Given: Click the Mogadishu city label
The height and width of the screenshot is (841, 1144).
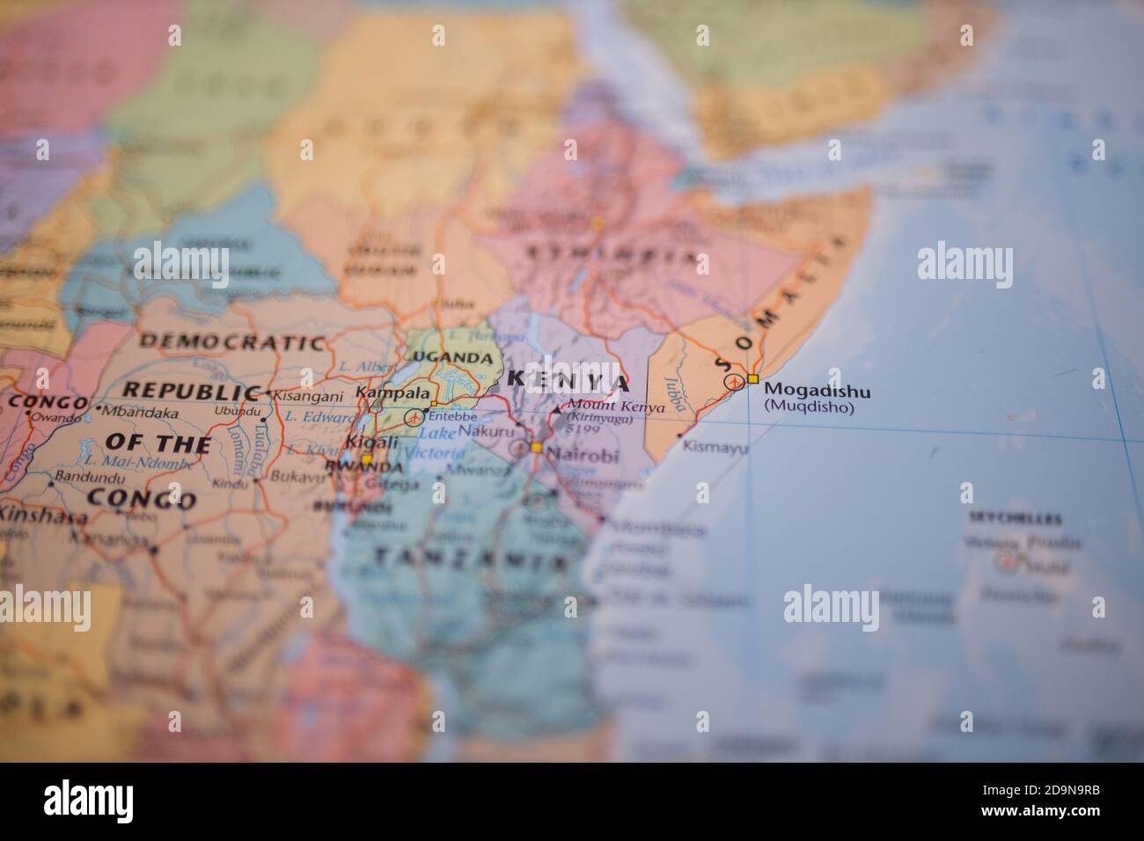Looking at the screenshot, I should [817, 390].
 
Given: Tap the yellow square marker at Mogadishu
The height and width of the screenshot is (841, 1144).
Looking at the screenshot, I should [752, 379].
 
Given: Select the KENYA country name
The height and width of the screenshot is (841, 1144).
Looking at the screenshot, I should [569, 382].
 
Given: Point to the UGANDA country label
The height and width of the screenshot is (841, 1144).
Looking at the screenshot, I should [453, 357].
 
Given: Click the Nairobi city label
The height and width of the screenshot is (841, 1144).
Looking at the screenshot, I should [583, 456].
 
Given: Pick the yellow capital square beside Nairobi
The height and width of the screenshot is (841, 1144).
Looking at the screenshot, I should [536, 448].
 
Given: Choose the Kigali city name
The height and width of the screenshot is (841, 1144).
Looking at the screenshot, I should [367, 442].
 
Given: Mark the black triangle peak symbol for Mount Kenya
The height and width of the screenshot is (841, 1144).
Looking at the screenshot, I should [556, 409].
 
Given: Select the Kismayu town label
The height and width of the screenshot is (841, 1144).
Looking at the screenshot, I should [715, 448].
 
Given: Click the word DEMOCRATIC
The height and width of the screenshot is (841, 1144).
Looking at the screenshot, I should [231, 341].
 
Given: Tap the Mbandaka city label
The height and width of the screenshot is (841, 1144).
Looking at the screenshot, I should [141, 411].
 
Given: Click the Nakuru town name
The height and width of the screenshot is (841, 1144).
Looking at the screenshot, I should [485, 433].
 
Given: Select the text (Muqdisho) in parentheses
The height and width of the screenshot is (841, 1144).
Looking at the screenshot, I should [807, 407].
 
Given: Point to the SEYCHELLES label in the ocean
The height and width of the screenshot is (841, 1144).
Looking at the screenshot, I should [1015, 519].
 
